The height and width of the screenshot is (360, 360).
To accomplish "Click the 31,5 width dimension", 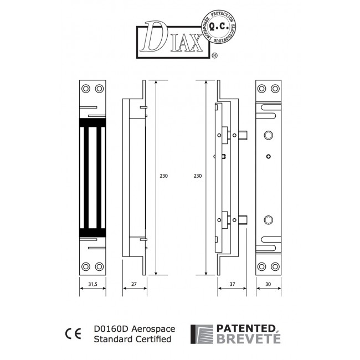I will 92,285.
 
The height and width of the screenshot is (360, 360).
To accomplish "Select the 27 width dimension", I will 133,285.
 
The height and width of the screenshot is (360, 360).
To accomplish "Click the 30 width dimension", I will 269,285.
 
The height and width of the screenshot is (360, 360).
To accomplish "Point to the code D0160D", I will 110,328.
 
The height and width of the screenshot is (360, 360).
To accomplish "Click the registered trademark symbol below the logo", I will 215,56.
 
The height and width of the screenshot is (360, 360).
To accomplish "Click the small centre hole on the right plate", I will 269,156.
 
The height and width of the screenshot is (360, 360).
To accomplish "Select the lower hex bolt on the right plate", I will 269,220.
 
